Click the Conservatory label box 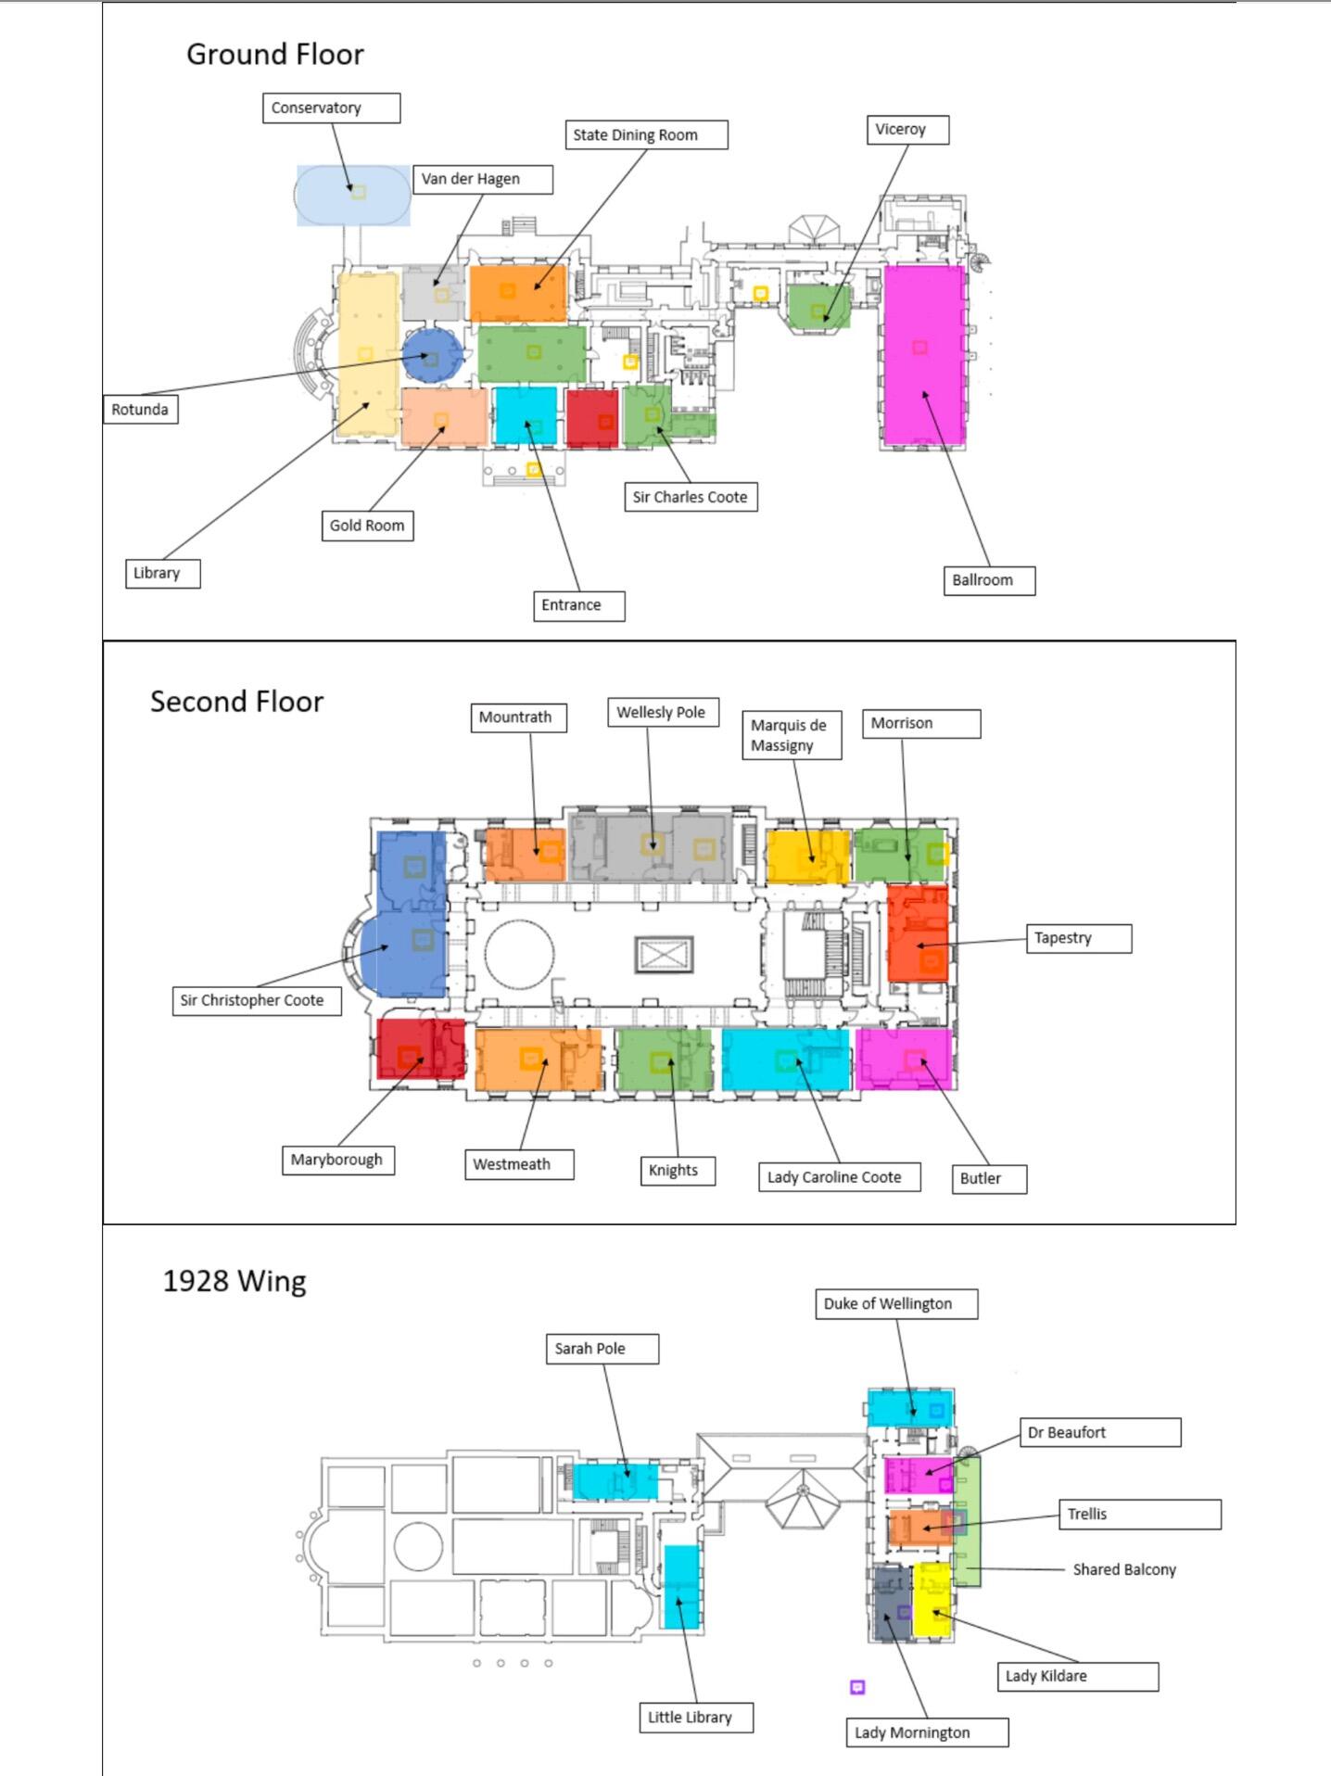click(331, 108)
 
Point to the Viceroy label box click(908, 130)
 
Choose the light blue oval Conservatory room click(353, 196)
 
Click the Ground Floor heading click(275, 55)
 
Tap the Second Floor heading click(237, 702)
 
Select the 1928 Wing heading click(235, 1281)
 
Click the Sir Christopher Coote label click(257, 1000)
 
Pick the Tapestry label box click(1079, 938)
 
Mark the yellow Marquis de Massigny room click(807, 856)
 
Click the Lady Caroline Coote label click(840, 1177)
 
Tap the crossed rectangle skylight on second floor click(664, 955)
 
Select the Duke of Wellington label click(896, 1303)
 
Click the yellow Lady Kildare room click(932, 1600)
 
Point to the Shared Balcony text click(1124, 1569)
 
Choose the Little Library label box click(696, 1718)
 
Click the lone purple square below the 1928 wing click(857, 1687)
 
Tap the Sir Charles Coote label click(691, 497)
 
